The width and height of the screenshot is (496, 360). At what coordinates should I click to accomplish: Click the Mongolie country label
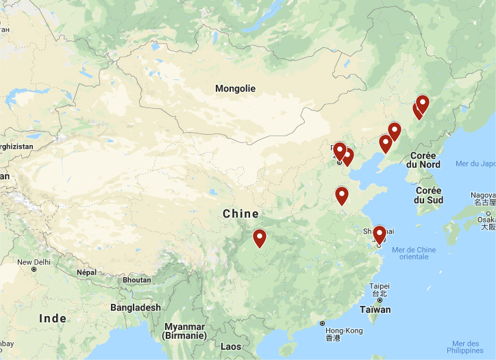click(x=235, y=88)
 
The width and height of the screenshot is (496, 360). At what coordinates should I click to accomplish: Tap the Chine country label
click(x=240, y=214)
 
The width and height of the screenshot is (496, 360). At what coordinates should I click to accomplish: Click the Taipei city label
click(x=379, y=286)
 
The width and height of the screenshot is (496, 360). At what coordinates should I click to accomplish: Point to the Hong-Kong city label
click(x=343, y=331)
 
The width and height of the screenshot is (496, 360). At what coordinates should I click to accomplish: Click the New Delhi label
click(x=34, y=262)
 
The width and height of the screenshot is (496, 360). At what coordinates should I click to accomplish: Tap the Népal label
click(x=86, y=272)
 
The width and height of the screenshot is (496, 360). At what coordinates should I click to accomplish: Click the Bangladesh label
click(x=136, y=307)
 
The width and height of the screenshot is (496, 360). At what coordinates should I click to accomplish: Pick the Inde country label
click(x=53, y=318)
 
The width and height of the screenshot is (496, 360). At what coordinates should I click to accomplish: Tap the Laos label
click(x=231, y=346)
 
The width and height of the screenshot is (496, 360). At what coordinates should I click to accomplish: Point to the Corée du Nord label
click(x=423, y=159)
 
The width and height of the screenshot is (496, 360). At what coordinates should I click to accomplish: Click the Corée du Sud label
click(x=428, y=195)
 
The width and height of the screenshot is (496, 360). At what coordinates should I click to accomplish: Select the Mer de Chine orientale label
click(x=414, y=253)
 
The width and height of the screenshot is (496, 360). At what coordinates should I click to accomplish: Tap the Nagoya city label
click(x=483, y=195)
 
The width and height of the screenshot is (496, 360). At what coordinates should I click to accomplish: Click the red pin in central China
click(x=259, y=237)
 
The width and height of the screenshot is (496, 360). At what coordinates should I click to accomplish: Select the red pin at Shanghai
click(x=379, y=235)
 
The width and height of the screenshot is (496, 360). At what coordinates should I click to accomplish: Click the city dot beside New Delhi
click(x=34, y=269)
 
